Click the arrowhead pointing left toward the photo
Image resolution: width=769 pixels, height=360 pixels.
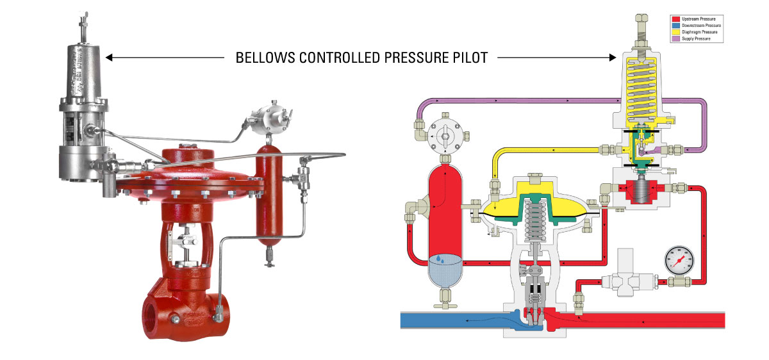click(x=110, y=58)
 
